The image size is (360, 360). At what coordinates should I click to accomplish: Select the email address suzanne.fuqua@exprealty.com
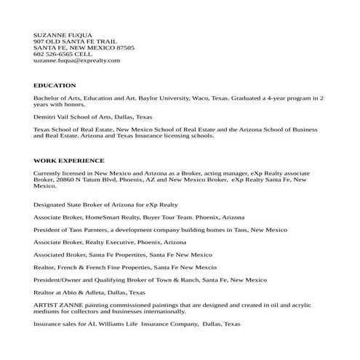[76, 60]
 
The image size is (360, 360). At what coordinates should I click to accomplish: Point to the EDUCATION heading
[55, 85]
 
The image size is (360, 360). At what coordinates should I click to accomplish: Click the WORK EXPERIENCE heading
[69, 160]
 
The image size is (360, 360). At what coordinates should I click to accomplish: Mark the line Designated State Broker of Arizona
[105, 204]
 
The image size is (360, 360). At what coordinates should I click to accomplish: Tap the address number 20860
[63, 179]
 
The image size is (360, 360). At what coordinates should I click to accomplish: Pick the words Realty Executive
[113, 241]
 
